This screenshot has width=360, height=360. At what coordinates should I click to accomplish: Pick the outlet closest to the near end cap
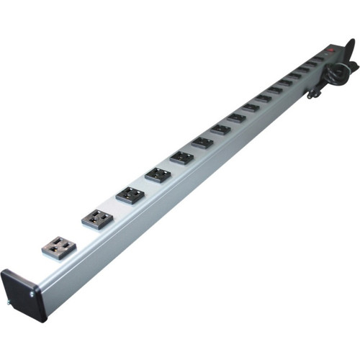(x=57, y=247)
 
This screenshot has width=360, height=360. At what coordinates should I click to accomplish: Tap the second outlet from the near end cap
(x=96, y=218)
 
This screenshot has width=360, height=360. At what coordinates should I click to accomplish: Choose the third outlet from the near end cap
(x=130, y=194)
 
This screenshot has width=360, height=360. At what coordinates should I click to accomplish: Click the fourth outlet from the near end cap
(x=157, y=174)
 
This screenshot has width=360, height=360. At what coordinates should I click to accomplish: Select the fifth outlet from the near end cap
(x=181, y=158)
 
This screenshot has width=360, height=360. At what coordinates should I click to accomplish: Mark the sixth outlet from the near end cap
(x=202, y=143)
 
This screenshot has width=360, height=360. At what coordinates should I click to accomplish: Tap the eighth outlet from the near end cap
(x=236, y=119)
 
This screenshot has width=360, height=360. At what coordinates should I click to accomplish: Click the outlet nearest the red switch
(x=318, y=58)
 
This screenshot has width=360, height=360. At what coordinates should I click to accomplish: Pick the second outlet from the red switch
(x=310, y=64)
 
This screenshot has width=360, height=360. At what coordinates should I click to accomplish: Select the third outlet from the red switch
(x=302, y=70)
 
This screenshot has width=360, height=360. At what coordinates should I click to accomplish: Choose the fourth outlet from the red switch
(x=294, y=76)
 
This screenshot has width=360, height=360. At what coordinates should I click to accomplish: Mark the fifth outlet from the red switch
(x=284, y=83)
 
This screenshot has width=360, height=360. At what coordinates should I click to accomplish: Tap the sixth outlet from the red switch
(x=275, y=90)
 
